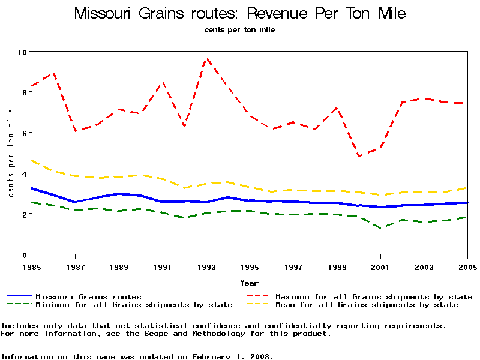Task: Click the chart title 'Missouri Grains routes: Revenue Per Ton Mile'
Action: (240, 14)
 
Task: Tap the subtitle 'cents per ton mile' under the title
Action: (239, 29)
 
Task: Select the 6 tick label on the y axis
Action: (24, 133)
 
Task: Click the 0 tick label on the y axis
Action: (24, 254)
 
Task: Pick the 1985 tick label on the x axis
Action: (31, 266)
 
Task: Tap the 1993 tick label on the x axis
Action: (206, 266)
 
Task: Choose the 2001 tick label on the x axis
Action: (380, 266)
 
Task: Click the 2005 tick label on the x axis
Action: (467, 266)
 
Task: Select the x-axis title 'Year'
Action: (249, 283)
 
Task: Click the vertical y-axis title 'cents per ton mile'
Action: (11, 153)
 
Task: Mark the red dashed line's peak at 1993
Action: (206, 58)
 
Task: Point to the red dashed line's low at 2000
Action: (359, 156)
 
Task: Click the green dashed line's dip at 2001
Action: (381, 228)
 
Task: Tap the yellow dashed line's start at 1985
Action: (32, 161)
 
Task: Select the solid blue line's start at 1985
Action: (32, 188)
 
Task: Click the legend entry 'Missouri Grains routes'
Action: (88, 296)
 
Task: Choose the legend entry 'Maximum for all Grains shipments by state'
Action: (374, 296)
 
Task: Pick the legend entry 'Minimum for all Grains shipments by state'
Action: (134, 305)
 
